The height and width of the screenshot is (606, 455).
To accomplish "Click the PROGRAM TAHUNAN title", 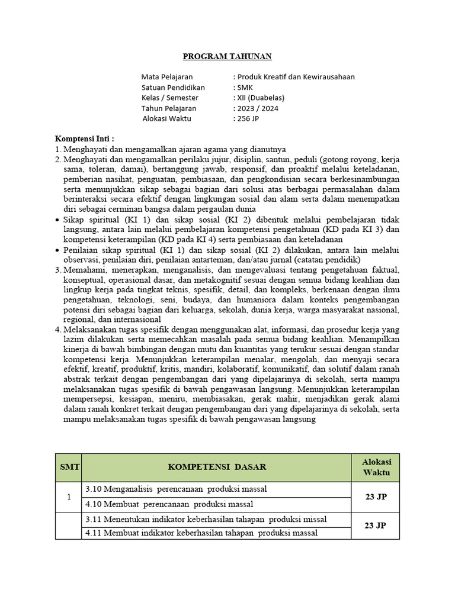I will [227, 56].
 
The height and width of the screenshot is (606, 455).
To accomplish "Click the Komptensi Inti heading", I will [85, 138].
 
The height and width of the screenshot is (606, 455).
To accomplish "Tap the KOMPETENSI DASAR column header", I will [217, 467].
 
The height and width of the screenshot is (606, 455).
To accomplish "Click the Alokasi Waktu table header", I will [376, 467].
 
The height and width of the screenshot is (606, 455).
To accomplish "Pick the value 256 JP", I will [248, 118].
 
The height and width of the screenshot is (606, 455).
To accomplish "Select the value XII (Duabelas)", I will [261, 98].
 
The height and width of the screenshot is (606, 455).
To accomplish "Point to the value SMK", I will [245, 87].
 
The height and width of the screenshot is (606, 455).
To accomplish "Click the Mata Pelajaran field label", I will [167, 76].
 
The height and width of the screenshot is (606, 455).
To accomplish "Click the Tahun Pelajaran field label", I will [168, 108].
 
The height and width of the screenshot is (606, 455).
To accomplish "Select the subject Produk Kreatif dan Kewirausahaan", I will [296, 76].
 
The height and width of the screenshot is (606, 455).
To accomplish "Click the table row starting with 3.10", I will [176, 489].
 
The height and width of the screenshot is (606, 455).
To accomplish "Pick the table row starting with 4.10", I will [169, 504].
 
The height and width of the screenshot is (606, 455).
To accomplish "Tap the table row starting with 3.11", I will [206, 519].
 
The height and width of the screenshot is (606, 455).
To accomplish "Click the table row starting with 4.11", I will [201, 533].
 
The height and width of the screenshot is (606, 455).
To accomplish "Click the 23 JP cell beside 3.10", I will [376, 497].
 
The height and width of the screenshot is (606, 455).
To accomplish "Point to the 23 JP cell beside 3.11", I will [376, 526].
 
